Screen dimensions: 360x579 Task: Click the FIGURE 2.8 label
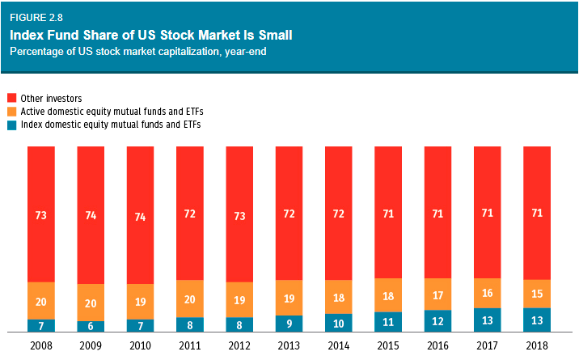[36, 16]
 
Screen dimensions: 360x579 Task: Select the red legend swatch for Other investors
[11, 99]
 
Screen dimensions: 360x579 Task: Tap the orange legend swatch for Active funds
[11, 112]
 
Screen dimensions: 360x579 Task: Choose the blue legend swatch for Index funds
[11, 125]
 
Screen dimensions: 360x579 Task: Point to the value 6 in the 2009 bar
[91, 326]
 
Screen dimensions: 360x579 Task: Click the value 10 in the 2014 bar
[339, 323]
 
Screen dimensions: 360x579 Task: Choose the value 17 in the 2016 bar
[438, 294]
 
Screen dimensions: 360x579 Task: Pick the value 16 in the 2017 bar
[488, 293]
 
